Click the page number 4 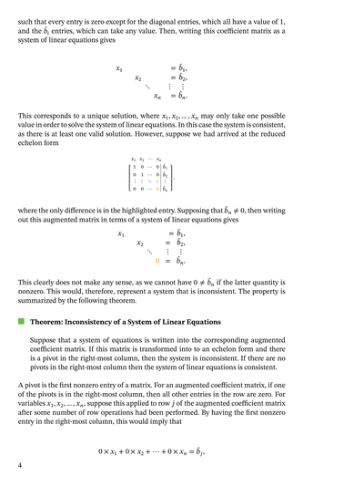point(20,466)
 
